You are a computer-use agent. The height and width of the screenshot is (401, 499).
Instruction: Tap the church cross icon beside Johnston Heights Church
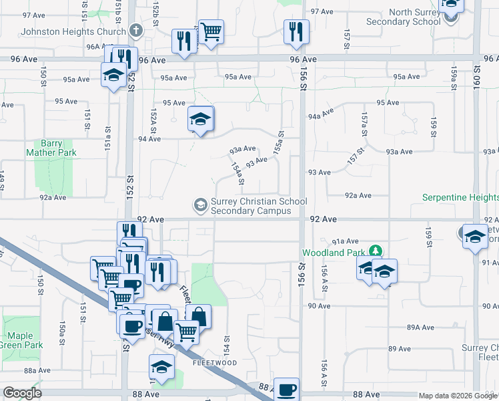[x=135, y=31]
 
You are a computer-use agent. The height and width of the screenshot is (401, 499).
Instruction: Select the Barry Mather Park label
[x=51, y=148]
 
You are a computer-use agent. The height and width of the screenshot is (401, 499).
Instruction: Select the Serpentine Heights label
[x=460, y=197]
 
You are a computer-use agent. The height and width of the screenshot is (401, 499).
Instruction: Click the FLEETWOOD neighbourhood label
[x=215, y=363]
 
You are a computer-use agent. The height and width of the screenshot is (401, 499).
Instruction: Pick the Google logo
[x=22, y=393]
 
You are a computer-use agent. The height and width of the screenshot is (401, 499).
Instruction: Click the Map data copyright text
[x=457, y=396]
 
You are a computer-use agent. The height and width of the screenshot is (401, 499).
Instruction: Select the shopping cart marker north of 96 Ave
[x=211, y=30]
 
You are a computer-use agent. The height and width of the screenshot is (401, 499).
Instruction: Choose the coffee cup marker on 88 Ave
[x=287, y=389]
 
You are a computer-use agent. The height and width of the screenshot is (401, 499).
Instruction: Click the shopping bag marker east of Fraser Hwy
[x=198, y=316]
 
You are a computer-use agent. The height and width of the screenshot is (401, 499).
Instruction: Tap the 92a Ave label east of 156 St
[x=358, y=195]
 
